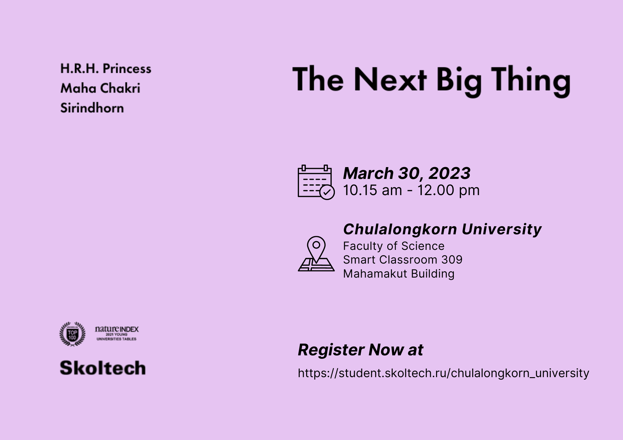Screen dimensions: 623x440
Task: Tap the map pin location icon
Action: [x=316, y=254]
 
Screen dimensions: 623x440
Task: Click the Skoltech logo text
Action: [x=103, y=368]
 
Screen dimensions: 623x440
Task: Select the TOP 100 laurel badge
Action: [x=72, y=334]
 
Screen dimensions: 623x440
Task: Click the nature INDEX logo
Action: [x=117, y=333]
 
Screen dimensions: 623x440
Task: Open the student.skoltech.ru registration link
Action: [x=443, y=373]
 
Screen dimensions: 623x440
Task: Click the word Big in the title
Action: [x=459, y=81]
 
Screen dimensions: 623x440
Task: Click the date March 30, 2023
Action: [x=407, y=173]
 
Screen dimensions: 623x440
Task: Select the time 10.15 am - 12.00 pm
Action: [x=411, y=190]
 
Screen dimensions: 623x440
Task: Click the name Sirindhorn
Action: [x=92, y=108]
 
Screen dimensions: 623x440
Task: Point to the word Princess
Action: [x=127, y=68]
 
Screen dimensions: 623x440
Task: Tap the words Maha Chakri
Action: [x=100, y=88]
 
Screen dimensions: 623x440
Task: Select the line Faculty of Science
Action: [x=394, y=246]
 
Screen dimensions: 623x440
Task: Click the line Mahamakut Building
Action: [x=399, y=274]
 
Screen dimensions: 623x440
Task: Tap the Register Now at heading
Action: [x=360, y=350]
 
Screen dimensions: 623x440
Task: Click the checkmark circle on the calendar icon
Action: [x=327, y=192]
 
